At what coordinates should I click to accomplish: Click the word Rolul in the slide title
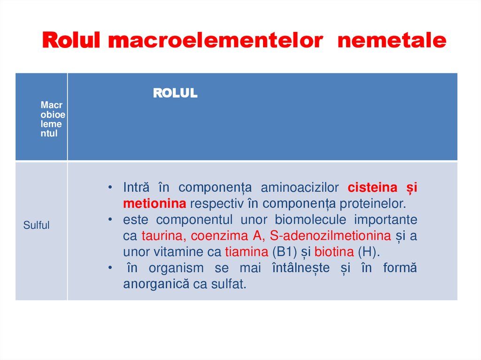[70, 41]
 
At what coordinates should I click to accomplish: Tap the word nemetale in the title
[392, 41]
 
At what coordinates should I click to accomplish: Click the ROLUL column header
[175, 93]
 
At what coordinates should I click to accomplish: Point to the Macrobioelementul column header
[53, 119]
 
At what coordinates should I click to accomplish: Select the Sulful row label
[37, 225]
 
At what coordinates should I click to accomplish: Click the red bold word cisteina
[372, 188]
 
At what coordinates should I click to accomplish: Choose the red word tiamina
[246, 252]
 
